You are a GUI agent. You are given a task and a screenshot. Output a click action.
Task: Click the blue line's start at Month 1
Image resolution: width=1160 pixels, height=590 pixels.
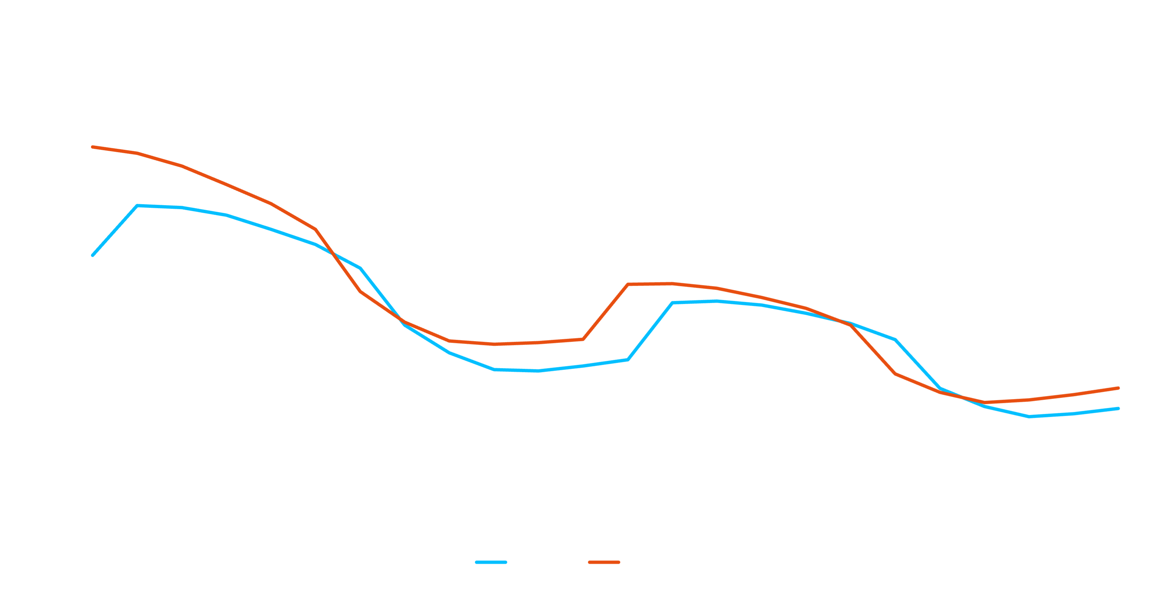tap(93, 255)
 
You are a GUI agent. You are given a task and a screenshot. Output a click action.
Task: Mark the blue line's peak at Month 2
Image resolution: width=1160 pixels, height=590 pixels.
tap(137, 206)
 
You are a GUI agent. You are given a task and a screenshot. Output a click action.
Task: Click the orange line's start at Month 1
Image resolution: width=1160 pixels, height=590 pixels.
tap(93, 147)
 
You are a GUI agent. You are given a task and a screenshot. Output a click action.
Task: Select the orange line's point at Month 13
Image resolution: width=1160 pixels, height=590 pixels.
tap(628, 284)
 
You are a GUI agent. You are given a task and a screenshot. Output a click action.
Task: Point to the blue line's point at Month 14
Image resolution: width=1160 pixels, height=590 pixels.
tap(672, 303)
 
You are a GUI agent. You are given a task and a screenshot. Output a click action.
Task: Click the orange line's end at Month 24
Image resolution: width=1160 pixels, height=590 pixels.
tap(1118, 388)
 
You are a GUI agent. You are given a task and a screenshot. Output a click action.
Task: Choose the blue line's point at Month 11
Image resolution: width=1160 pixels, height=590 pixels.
tap(538, 371)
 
